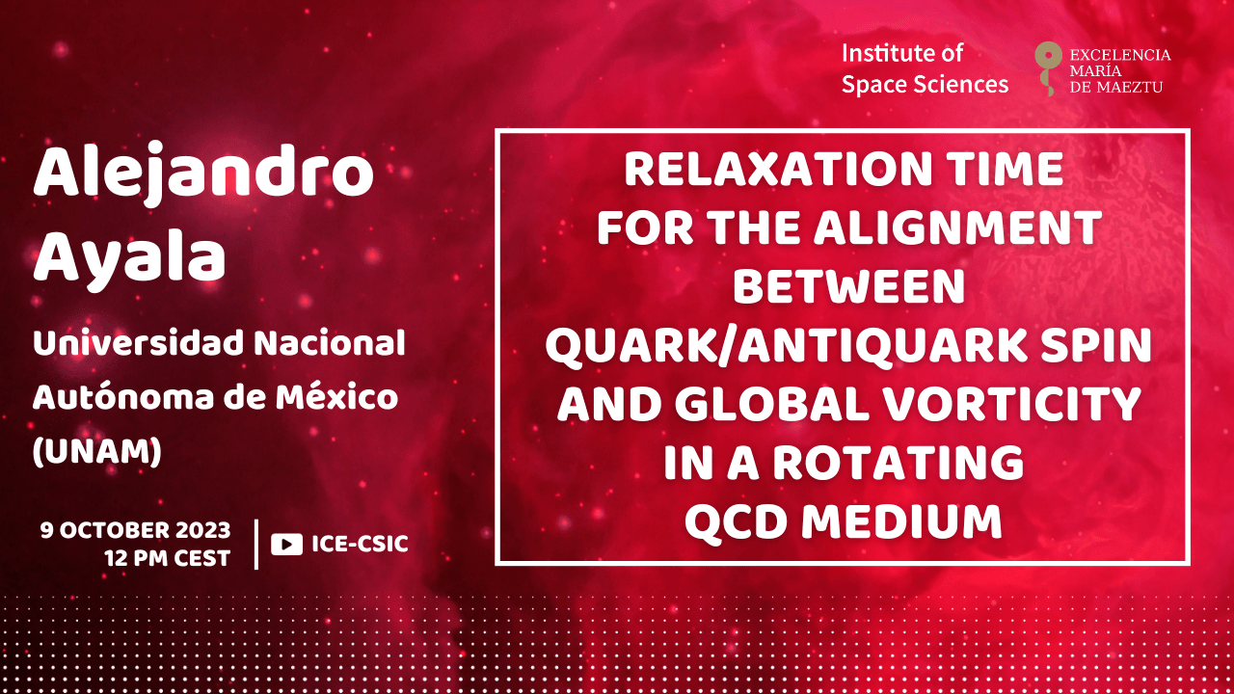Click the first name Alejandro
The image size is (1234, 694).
[203, 173]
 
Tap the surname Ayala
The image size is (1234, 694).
[129, 259]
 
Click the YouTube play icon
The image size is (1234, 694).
[286, 545]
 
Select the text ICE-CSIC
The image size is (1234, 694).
[360, 544]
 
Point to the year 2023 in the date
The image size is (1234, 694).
[203, 530]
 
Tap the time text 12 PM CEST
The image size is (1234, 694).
[168, 558]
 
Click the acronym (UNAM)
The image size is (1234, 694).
[97, 452]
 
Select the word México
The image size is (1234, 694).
[336, 397]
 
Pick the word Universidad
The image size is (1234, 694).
[138, 342]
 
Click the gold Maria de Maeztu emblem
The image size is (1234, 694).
[1048, 68]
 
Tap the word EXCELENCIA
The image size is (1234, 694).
[1120, 55]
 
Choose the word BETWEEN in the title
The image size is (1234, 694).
[849, 286]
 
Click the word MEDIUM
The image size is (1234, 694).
[901, 521]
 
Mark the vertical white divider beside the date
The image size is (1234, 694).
[256, 545]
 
